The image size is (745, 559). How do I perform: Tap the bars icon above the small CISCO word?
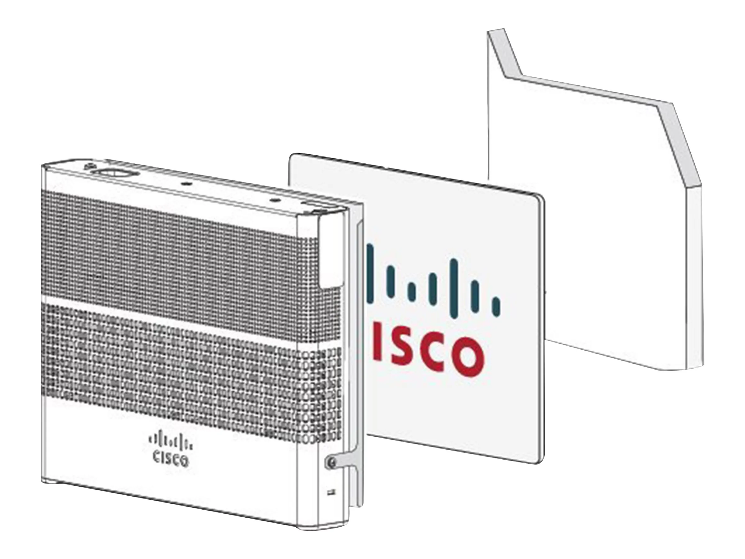(x=170, y=442)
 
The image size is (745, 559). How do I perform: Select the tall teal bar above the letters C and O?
(x=454, y=278)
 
